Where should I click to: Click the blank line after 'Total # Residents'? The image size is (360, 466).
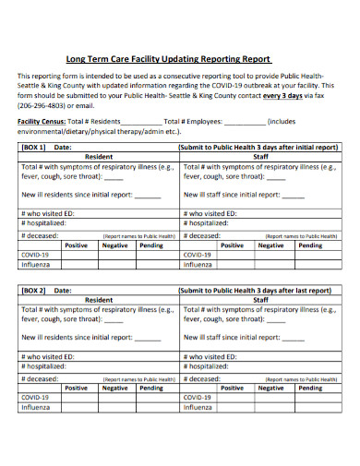click(x=140, y=121)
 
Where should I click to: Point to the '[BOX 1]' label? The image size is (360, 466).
click(x=34, y=147)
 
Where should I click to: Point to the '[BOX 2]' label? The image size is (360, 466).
click(x=34, y=290)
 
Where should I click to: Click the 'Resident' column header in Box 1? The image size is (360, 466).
click(x=99, y=157)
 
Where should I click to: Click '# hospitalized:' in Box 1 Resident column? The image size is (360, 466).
click(x=43, y=223)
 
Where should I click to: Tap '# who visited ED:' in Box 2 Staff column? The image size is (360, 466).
click(x=214, y=355)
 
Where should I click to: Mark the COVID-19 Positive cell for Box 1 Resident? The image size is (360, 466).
click(x=78, y=255)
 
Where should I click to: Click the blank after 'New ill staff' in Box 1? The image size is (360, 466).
click(x=293, y=195)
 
